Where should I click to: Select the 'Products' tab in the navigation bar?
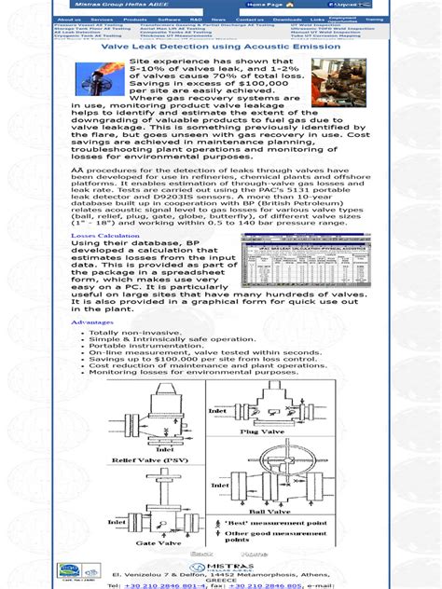click(135, 19)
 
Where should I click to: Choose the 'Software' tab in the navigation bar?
click(169, 19)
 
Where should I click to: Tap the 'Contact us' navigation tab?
click(250, 19)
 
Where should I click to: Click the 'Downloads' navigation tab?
click(287, 19)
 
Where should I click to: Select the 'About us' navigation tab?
click(68, 19)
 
